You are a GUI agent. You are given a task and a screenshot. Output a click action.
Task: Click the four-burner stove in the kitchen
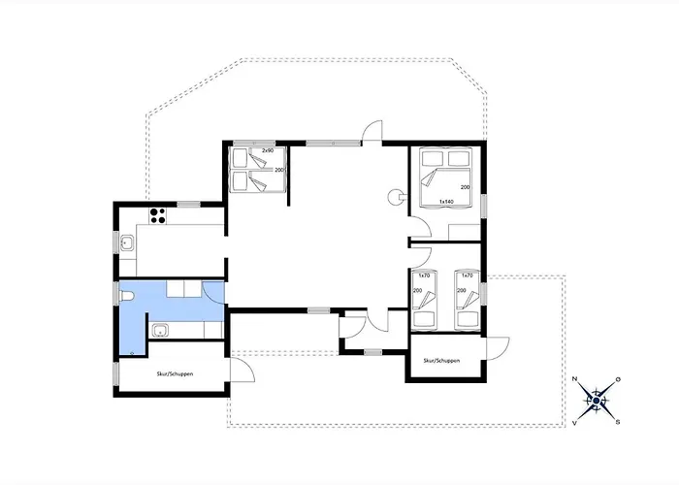click(x=157, y=213)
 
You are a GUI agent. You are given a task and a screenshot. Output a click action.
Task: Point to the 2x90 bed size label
click(x=267, y=150)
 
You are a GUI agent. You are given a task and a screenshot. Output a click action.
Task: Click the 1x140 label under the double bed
click(x=447, y=202)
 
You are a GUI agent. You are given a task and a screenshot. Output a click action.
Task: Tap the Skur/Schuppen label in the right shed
click(x=441, y=360)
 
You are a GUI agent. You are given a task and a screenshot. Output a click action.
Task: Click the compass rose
click(x=597, y=399)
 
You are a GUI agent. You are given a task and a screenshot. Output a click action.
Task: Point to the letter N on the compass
click(x=576, y=380)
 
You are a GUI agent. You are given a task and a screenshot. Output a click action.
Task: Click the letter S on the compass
click(x=618, y=421)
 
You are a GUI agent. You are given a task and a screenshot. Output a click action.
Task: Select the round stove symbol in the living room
click(x=395, y=195)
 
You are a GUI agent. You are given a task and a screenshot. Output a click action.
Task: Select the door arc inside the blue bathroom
click(x=214, y=289)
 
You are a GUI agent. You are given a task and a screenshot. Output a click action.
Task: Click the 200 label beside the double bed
click(x=466, y=187)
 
